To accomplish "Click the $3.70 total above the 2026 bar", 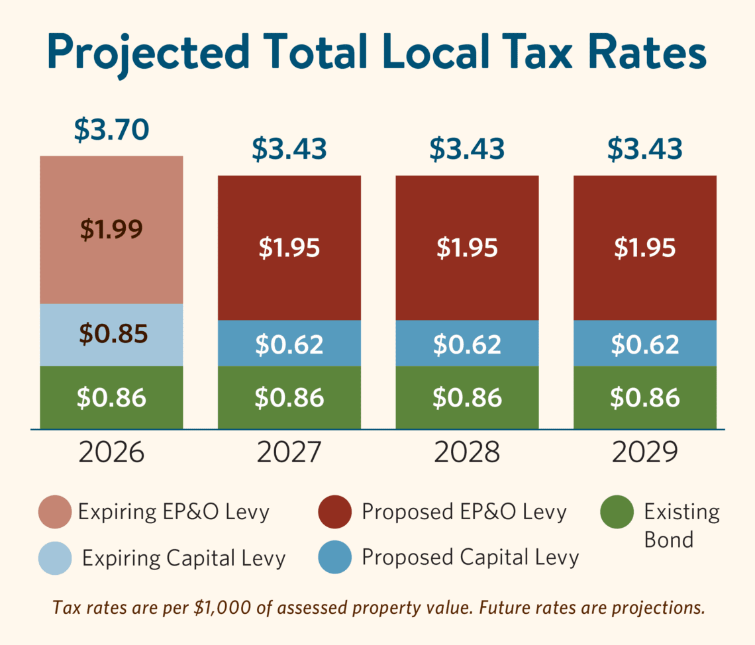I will [x=111, y=130].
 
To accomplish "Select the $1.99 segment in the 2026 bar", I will [x=111, y=229].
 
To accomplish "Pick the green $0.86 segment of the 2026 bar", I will [x=111, y=397].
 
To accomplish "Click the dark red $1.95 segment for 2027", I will [x=289, y=248].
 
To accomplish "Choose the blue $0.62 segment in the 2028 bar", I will [x=467, y=344].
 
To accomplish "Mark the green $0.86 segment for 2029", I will [x=645, y=397].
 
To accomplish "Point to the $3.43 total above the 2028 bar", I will [x=467, y=150].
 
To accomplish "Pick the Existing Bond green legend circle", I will [x=617, y=512].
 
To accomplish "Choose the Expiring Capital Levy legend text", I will [x=183, y=558].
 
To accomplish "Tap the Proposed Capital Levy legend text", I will [x=470, y=558].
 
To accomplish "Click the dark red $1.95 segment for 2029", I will [x=645, y=248].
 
